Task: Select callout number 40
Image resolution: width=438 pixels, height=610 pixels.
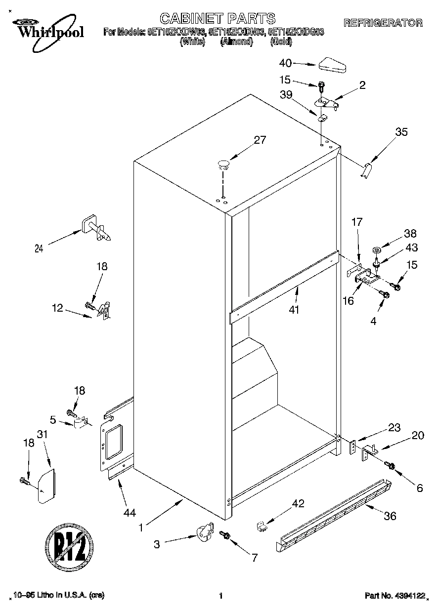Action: (285, 63)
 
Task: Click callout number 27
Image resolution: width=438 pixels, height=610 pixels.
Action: (260, 140)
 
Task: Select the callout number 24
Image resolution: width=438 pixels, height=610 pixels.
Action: (39, 249)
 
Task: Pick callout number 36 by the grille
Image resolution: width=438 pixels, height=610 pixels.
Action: (390, 516)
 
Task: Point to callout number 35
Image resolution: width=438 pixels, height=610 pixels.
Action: (401, 132)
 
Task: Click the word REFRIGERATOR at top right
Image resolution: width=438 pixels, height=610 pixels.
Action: (383, 23)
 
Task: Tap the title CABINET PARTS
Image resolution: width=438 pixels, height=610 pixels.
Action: (217, 19)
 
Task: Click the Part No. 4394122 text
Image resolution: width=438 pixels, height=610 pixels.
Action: (394, 596)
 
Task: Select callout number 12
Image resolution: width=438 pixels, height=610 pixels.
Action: (57, 308)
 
